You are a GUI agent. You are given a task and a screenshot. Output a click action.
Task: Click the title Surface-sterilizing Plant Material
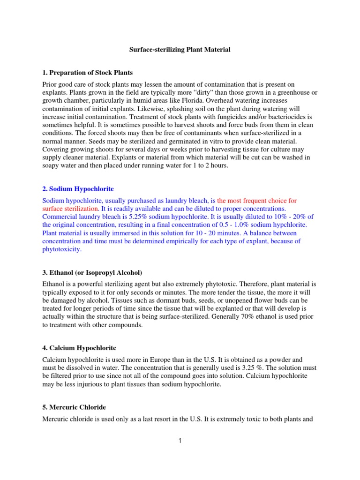180,49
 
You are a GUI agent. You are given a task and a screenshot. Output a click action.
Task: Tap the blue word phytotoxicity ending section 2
62,250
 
